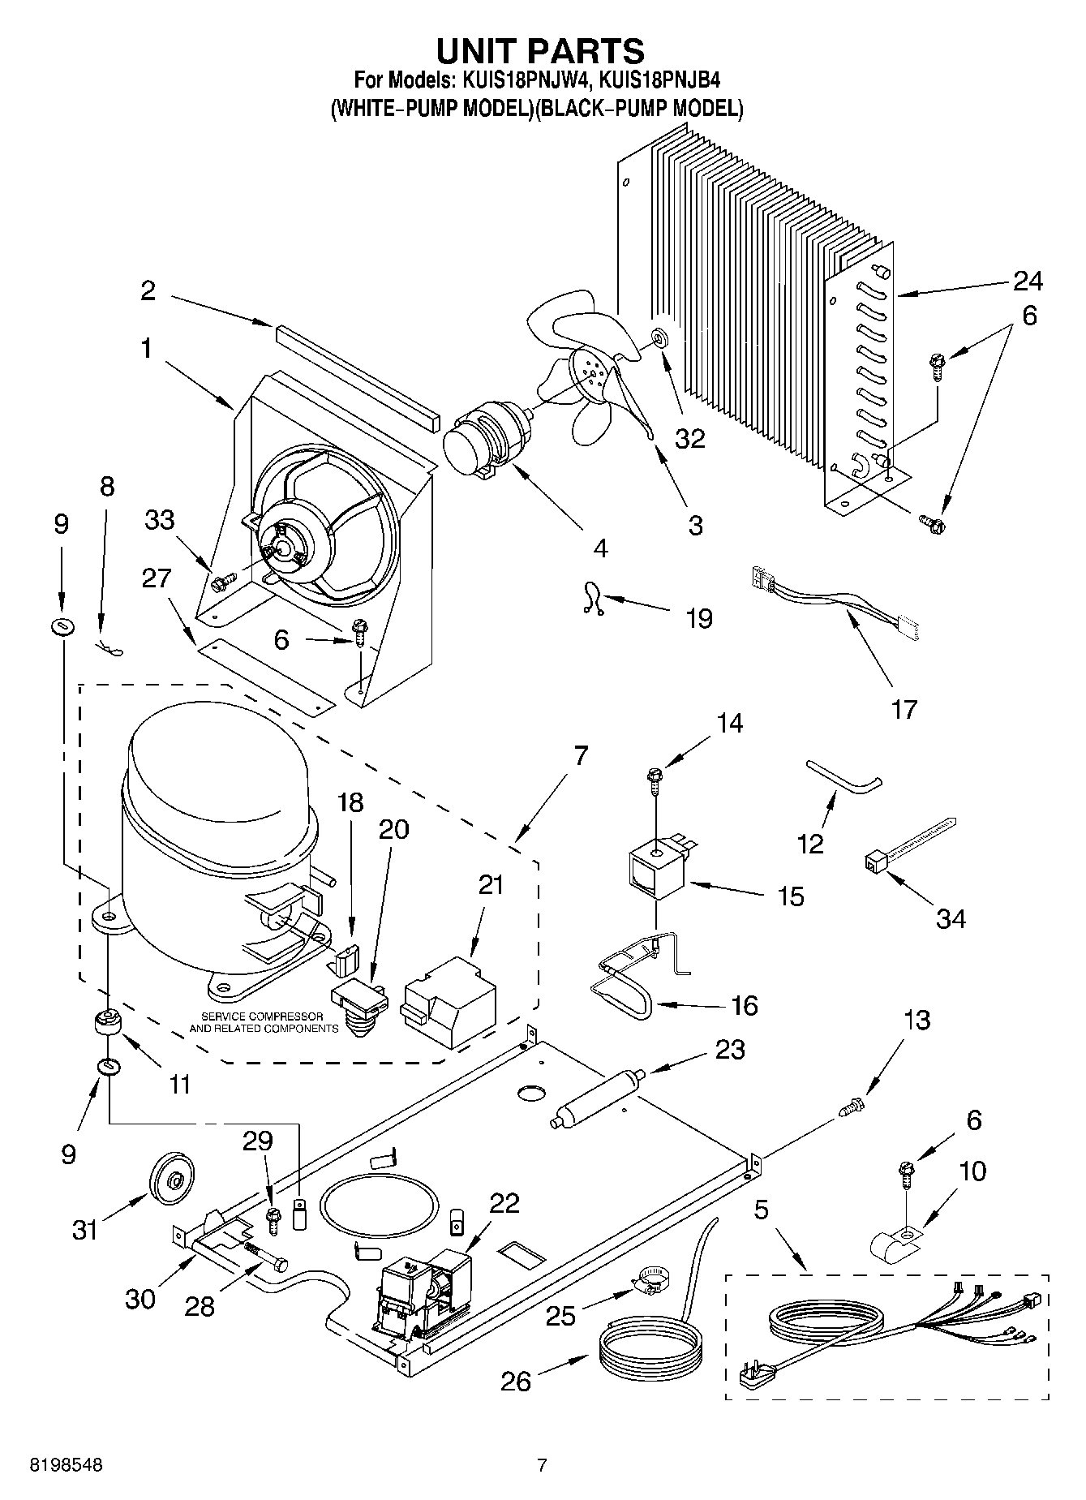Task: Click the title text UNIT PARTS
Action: [541, 50]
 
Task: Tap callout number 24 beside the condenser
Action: [1027, 282]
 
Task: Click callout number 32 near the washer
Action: [691, 438]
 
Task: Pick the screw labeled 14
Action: [653, 779]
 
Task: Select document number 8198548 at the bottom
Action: [67, 1465]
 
